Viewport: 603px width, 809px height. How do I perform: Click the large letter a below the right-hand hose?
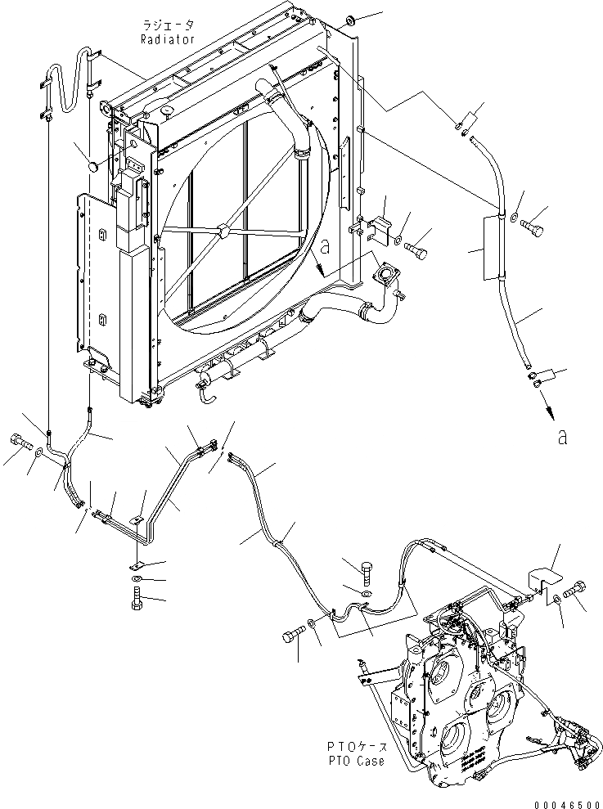561,437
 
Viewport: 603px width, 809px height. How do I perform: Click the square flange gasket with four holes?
383,272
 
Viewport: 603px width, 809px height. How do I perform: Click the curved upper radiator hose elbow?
277,106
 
